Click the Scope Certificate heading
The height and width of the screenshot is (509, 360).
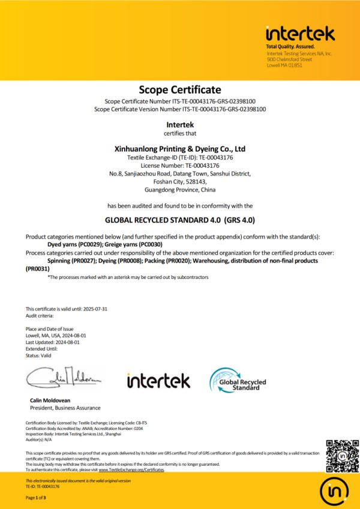(x=180, y=90)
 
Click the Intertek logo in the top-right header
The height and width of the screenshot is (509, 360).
(x=300, y=33)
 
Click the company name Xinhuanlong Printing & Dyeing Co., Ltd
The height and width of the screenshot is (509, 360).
(x=180, y=148)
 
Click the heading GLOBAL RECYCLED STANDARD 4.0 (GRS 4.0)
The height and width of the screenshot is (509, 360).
(x=180, y=219)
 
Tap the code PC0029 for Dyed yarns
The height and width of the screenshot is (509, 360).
(x=89, y=245)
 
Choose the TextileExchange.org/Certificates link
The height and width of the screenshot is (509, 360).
(x=131, y=470)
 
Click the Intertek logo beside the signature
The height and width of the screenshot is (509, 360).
(x=158, y=380)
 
